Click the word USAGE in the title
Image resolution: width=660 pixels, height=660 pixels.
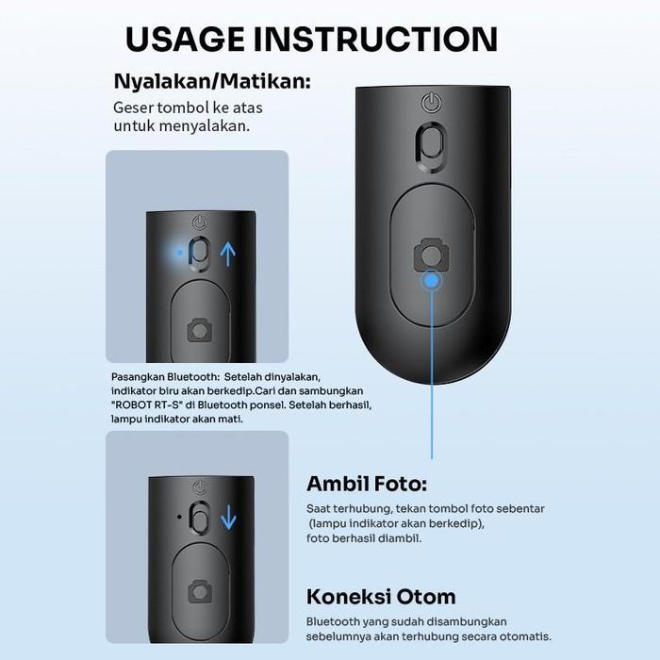point(185,40)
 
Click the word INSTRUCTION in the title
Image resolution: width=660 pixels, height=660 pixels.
point(375,40)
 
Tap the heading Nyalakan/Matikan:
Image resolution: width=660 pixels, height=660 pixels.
point(212,81)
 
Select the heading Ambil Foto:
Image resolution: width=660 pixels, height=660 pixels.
point(367,484)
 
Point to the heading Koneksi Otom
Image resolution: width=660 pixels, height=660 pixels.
point(381,597)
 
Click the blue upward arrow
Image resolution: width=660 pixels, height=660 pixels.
point(228,254)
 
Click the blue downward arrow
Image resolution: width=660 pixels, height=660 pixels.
point(228,517)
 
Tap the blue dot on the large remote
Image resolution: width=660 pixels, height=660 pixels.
point(432,281)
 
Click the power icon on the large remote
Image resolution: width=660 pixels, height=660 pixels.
point(432,103)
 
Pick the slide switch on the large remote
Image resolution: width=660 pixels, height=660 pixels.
point(431,147)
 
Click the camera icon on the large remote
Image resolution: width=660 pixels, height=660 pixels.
point(431,255)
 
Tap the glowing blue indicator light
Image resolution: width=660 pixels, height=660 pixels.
point(180,253)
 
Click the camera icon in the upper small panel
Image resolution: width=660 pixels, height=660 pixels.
point(199,330)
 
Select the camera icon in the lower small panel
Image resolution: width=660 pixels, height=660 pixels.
point(200,591)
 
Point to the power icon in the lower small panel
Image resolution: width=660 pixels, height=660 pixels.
point(200,487)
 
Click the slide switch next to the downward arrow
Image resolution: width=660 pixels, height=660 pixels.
point(200,518)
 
